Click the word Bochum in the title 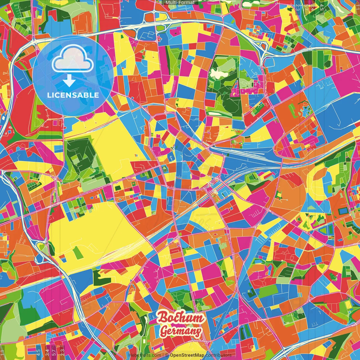pos(181,318)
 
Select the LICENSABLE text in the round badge pos(73,95)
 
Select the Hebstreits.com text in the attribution pos(145,355)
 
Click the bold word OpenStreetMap pos(187,355)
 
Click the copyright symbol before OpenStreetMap pos(167,355)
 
